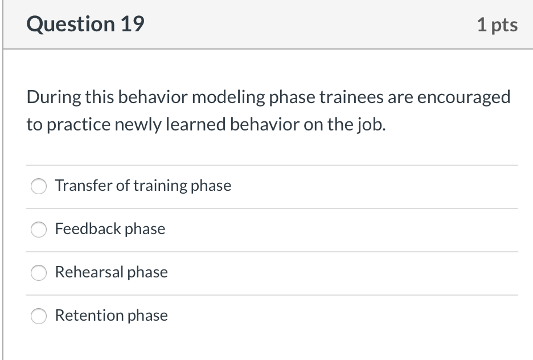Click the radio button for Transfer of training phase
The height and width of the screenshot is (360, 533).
click(x=39, y=186)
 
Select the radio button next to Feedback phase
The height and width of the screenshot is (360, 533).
click(x=39, y=230)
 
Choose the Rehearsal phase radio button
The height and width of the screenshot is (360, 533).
click(x=39, y=273)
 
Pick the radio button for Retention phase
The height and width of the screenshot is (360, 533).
click(x=39, y=316)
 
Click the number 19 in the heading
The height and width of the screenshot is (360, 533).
click(x=132, y=24)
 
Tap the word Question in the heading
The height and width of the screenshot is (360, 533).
click(x=70, y=24)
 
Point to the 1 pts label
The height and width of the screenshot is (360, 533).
click(x=497, y=24)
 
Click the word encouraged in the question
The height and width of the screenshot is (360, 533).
click(x=465, y=98)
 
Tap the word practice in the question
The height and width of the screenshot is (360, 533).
click(x=77, y=125)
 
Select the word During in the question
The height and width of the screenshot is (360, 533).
click(x=54, y=98)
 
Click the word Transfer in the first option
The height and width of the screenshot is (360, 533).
click(x=83, y=186)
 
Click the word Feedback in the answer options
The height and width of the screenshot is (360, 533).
click(x=88, y=229)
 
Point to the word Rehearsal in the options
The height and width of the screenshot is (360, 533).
click(x=89, y=272)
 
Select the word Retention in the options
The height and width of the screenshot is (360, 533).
click(x=89, y=316)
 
